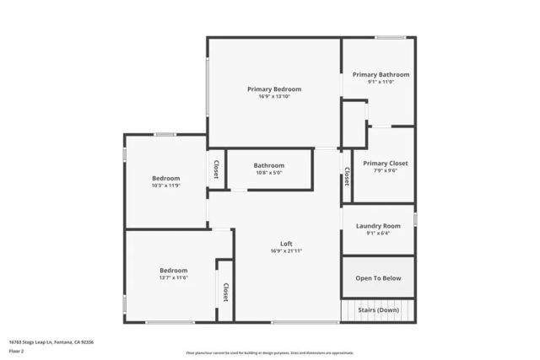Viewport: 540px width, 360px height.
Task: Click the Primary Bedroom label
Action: coord(273,89)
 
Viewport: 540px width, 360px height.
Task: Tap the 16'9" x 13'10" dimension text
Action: coord(273,96)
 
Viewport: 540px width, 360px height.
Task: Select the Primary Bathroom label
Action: coord(381,74)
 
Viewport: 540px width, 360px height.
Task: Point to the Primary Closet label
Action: coord(385,163)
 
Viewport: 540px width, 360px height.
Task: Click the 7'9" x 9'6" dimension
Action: coord(385,170)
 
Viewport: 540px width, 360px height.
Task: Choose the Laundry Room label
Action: coord(378,225)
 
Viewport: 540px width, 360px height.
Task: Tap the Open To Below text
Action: coord(378,278)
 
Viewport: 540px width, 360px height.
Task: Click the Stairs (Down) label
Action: coord(377,309)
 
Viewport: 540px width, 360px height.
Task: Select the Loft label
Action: coord(286,244)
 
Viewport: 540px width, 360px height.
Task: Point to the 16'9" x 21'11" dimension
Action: coord(286,251)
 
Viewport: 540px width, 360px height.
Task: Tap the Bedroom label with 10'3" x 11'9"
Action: coord(165,178)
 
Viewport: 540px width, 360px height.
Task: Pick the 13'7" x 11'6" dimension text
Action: coord(173,277)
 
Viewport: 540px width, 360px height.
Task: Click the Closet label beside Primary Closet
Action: coord(347,176)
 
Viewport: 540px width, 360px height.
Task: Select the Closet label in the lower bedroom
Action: coord(225,292)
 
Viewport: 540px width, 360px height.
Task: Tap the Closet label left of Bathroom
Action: coord(216,169)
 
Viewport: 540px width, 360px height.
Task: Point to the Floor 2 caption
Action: coord(16,352)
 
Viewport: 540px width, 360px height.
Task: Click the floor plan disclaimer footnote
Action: coord(269,352)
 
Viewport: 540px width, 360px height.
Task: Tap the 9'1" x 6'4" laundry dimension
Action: coord(378,233)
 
